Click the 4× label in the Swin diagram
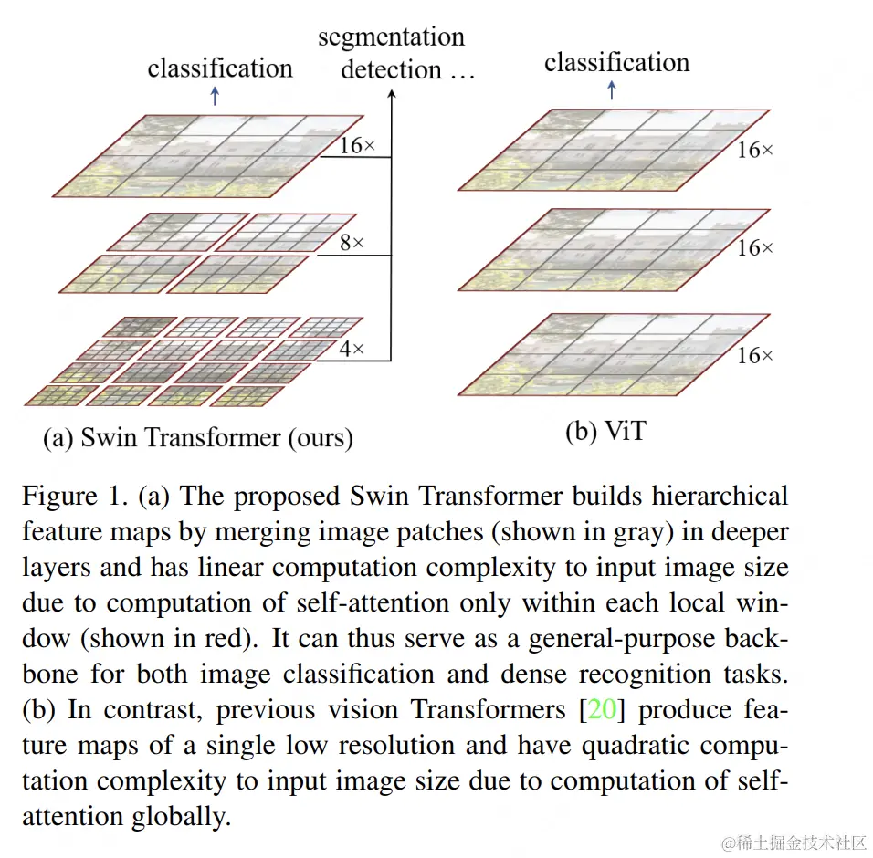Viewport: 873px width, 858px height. [x=352, y=349]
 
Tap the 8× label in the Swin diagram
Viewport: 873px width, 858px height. [x=352, y=243]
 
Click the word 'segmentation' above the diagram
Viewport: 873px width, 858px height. [x=391, y=37]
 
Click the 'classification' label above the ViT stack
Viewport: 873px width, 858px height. [x=616, y=62]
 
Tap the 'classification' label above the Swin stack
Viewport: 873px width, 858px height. [x=220, y=68]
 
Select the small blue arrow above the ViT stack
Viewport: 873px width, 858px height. [x=611, y=89]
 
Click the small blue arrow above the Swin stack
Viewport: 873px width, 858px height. [x=215, y=96]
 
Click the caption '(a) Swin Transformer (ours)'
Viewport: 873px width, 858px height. [x=198, y=437]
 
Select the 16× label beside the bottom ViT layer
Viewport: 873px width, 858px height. [x=755, y=355]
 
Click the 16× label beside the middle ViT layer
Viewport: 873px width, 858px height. [x=755, y=247]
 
